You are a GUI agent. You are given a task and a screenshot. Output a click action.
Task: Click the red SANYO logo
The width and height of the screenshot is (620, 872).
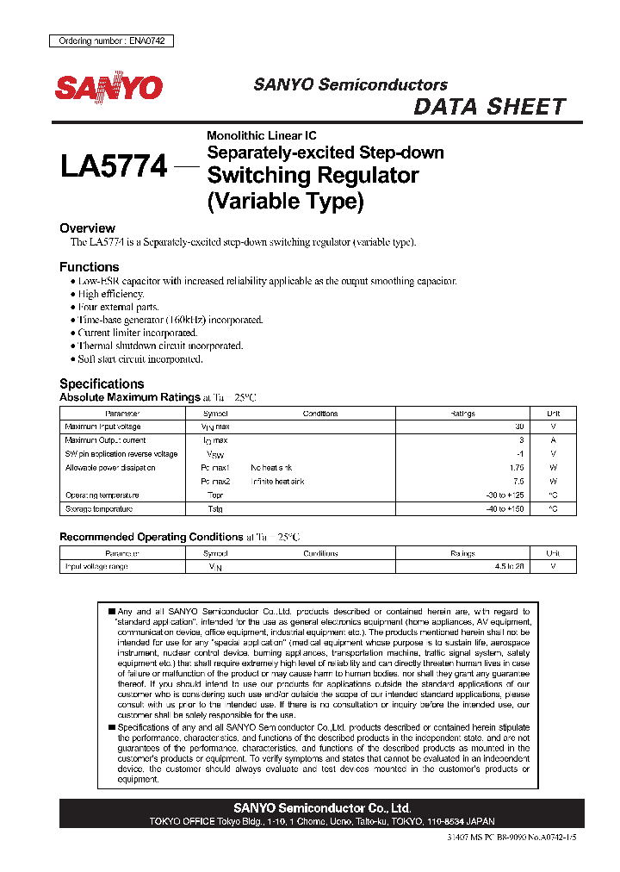pos(108,87)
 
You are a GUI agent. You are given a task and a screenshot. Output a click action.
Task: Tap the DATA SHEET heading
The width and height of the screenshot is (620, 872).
pos(489,107)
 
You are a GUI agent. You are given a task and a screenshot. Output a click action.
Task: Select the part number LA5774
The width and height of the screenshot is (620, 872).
pos(114,165)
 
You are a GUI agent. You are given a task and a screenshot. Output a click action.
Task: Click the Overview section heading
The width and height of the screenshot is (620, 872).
pos(87,228)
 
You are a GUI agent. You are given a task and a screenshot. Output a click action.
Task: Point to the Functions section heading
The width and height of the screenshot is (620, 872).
pos(90,267)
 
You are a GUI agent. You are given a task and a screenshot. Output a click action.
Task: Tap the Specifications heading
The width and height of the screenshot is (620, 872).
pos(102,383)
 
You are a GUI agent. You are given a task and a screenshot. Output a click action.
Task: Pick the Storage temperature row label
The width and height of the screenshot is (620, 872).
pos(99,509)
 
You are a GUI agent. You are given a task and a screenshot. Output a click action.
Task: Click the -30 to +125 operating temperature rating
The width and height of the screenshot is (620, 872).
pos(505,495)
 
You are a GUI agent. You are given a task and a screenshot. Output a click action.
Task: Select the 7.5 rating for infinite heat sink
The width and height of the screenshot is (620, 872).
pos(518,482)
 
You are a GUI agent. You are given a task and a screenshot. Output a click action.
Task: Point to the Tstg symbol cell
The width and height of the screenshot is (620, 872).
pos(214,509)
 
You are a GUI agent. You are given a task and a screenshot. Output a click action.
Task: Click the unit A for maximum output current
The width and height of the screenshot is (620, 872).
pos(553,440)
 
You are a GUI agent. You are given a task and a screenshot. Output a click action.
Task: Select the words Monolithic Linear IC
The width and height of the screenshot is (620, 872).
pos(261,135)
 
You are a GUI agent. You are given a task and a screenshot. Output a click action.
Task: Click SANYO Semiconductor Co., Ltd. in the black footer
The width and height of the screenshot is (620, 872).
pos(322,808)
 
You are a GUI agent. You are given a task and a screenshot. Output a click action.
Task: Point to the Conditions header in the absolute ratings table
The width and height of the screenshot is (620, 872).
pos(320,414)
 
